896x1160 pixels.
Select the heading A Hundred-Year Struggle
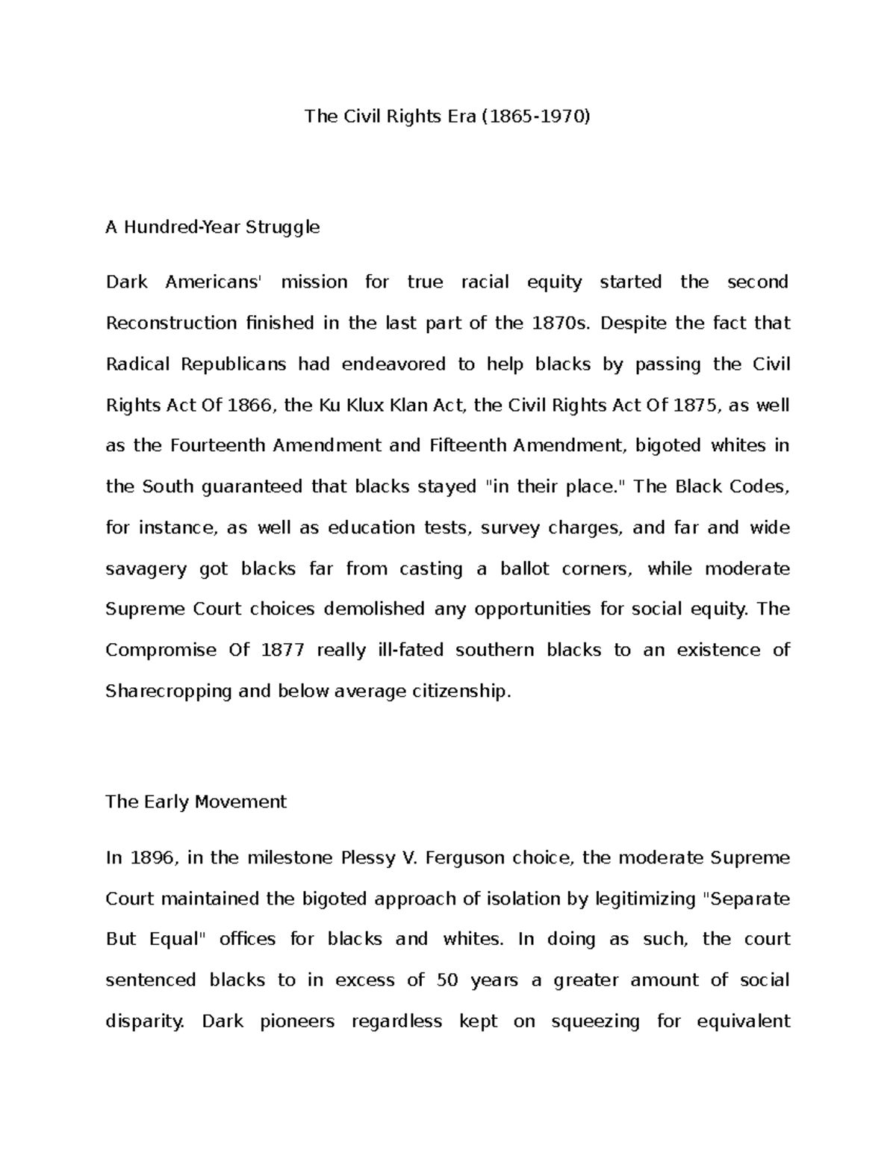(x=213, y=227)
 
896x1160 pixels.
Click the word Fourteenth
(x=218, y=446)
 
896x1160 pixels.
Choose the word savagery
(x=146, y=569)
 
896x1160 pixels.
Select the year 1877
(x=282, y=651)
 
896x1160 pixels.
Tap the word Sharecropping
(x=169, y=692)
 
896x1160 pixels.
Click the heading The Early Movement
(x=196, y=802)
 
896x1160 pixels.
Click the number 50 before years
(x=447, y=980)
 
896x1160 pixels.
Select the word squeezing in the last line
(x=595, y=1021)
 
